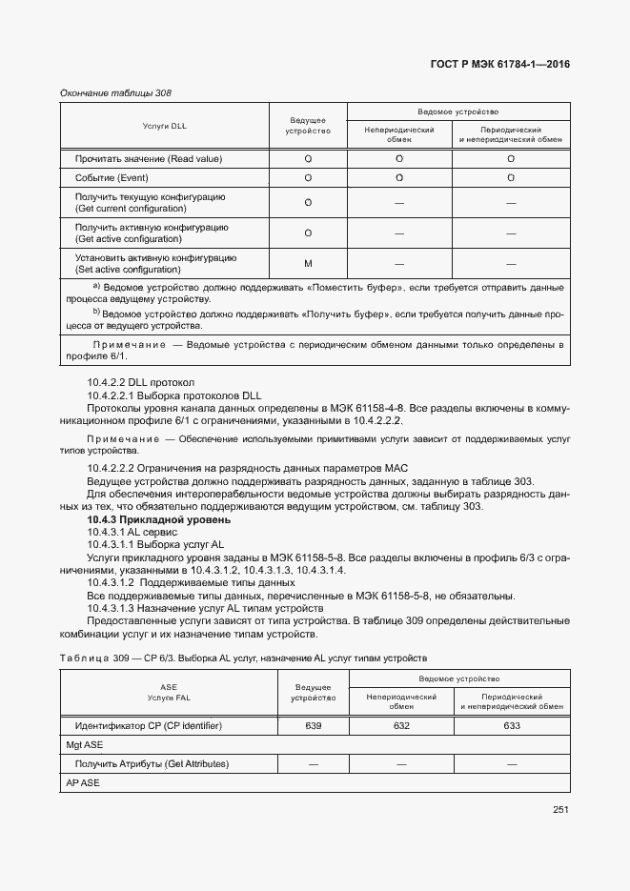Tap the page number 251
(x=560, y=811)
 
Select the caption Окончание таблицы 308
(x=115, y=92)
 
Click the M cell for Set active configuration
(x=308, y=263)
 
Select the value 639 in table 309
(x=313, y=726)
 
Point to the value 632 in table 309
(x=401, y=726)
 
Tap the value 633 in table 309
(x=512, y=726)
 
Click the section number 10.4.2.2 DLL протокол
(x=140, y=383)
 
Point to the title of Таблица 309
(x=243, y=658)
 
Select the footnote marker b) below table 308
(x=95, y=312)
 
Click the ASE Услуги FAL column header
(x=169, y=692)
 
